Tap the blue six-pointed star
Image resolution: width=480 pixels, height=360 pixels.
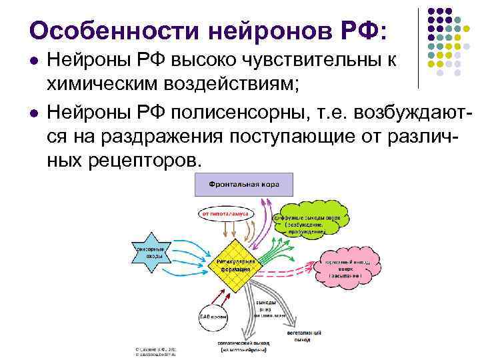pos(151,252)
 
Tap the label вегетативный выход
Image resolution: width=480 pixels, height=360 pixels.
pos(305,335)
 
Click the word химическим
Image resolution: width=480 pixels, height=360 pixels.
pos(103,85)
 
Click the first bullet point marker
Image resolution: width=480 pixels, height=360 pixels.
pos(35,61)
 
